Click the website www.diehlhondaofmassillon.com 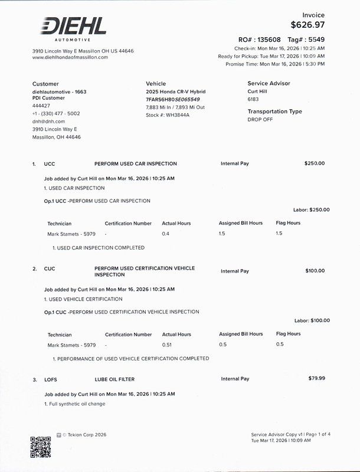70,57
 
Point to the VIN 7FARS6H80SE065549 172,99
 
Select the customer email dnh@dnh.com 48,121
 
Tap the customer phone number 56,113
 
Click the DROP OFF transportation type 260,119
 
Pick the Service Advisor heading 269,84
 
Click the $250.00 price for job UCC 314,163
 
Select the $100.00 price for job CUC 314,271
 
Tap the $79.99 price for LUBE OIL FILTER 316,378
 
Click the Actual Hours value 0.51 168,345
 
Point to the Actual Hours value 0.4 165,234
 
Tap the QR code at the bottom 41,447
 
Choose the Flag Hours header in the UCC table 288,223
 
